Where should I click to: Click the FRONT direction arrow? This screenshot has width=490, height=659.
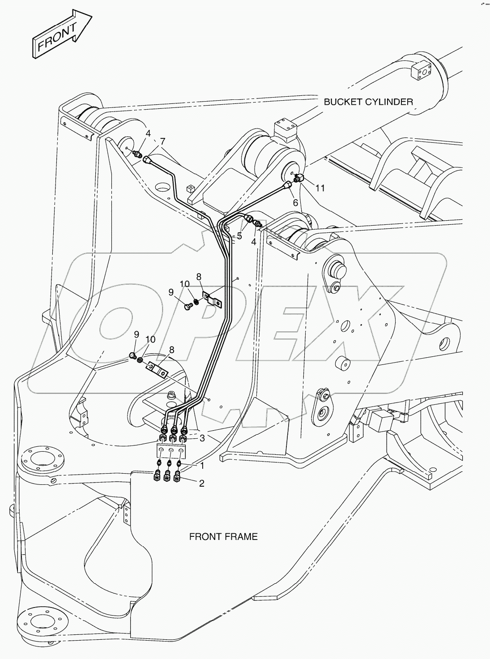[62, 34]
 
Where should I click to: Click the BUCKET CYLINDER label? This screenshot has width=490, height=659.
[368, 102]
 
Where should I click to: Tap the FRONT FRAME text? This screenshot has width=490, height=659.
[223, 536]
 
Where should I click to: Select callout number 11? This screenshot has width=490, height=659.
[320, 188]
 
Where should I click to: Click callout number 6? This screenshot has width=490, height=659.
[296, 202]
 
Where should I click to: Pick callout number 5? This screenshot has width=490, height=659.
[239, 235]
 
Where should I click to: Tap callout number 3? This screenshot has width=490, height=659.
[202, 438]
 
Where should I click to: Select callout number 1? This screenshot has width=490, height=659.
[202, 466]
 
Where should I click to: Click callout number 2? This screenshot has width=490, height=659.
[202, 483]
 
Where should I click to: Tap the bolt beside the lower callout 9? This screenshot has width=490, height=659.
[132, 355]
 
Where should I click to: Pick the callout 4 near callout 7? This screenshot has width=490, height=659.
[148, 133]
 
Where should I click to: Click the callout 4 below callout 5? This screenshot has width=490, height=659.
[254, 242]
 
